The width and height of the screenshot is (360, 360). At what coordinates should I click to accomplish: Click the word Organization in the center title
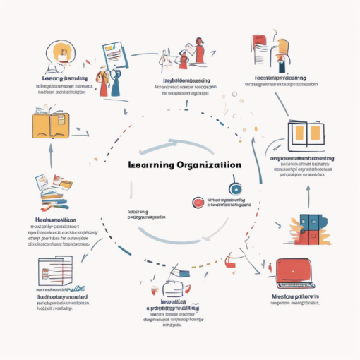[204, 164]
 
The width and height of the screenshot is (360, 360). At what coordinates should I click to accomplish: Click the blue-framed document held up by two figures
[114, 54]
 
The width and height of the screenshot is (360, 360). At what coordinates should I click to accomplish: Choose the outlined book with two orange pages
[306, 133]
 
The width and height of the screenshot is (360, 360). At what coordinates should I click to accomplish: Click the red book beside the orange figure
[260, 42]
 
